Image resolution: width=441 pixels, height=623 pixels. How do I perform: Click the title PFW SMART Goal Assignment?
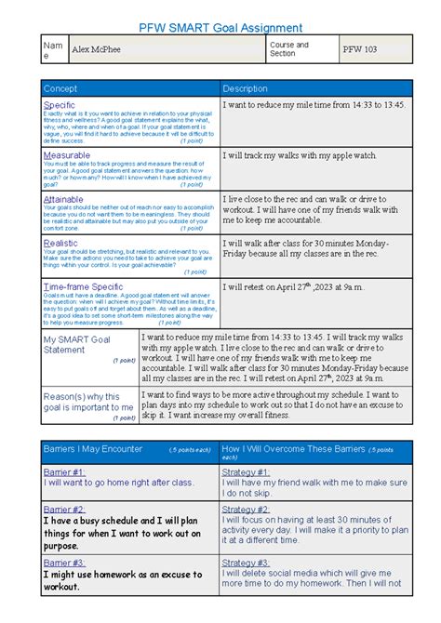(x=220, y=28)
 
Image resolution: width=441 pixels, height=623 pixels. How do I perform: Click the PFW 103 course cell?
(x=359, y=49)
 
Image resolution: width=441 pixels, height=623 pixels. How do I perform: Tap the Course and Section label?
(x=289, y=49)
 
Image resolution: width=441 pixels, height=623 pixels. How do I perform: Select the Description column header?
(x=246, y=88)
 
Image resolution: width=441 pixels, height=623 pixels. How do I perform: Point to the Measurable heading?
(x=67, y=154)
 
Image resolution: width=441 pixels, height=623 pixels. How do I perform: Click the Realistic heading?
(x=61, y=243)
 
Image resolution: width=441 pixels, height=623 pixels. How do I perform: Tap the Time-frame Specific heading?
(x=83, y=287)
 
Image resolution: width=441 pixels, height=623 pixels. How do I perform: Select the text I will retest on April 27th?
(x=296, y=288)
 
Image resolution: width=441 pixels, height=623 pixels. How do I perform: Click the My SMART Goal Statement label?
(x=77, y=344)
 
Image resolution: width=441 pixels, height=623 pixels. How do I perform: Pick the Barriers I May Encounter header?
(x=93, y=449)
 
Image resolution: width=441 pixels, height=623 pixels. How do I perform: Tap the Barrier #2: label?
(x=64, y=510)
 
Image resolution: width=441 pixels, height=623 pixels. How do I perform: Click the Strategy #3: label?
(x=246, y=563)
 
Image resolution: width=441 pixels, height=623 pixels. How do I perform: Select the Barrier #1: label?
(x=64, y=471)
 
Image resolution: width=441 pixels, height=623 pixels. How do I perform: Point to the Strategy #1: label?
(x=246, y=471)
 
